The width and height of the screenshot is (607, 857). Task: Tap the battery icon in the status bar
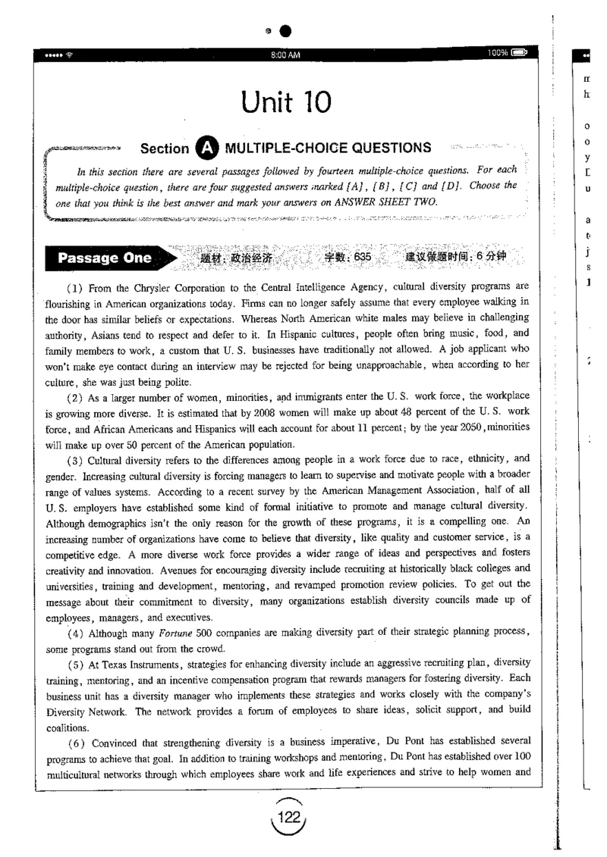pyautogui.click(x=520, y=53)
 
